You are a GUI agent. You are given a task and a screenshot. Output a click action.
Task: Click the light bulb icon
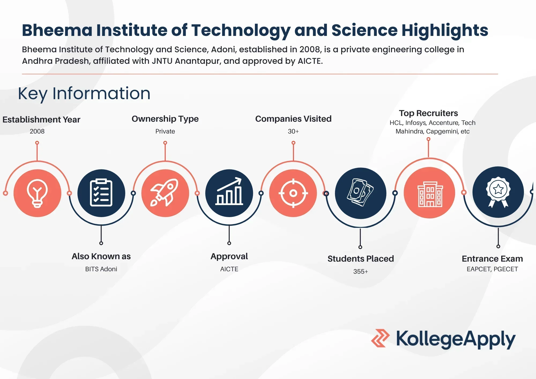37,193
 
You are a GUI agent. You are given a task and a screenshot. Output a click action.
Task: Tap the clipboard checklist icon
101,192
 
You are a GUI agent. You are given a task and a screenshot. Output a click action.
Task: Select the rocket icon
165,192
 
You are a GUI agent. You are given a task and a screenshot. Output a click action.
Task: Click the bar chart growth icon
229,191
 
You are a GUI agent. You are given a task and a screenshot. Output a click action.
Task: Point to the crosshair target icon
293,193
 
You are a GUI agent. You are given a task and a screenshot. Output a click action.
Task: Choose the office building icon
430,194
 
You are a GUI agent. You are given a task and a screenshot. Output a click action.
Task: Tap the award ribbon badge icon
498,192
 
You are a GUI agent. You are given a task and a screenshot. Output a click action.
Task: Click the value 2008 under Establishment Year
37,131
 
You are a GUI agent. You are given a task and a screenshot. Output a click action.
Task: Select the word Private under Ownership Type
165,131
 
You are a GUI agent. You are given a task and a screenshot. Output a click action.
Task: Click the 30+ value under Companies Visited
293,131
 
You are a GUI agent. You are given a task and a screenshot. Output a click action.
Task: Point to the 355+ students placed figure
360,272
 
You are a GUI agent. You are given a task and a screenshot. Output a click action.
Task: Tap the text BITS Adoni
101,269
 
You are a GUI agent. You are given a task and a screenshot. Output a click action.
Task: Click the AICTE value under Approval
229,269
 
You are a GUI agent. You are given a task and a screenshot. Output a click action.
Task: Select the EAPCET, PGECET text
492,269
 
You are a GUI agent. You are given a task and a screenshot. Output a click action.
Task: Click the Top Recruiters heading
428,113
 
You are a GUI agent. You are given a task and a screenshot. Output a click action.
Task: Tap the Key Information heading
84,94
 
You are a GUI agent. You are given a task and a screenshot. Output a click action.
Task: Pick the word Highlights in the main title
445,31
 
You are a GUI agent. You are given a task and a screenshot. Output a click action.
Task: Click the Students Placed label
360,259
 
